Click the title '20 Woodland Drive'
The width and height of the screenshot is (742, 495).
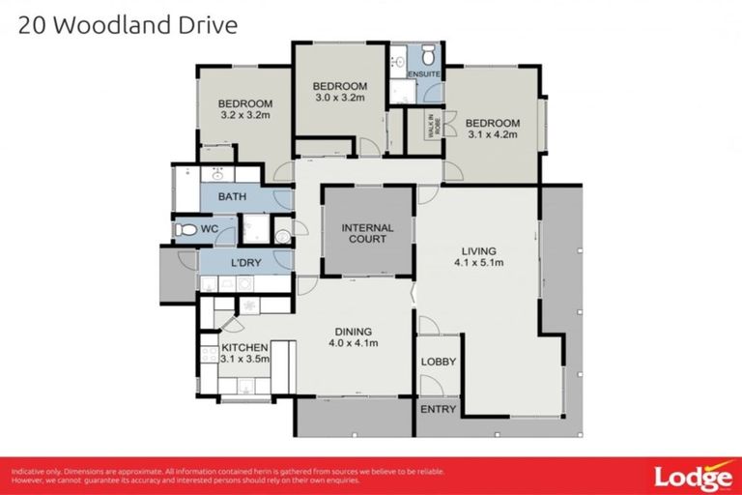[127, 24]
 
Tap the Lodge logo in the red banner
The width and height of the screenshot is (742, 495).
[693, 477]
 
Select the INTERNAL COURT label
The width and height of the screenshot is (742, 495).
[368, 234]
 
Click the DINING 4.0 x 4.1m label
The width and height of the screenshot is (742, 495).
[353, 335]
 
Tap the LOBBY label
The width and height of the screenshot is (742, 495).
[438, 362]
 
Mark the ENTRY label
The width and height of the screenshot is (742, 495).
[438, 410]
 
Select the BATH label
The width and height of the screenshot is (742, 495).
[232, 197]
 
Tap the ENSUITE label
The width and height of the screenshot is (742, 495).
[423, 73]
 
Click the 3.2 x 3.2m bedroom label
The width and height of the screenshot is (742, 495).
[244, 109]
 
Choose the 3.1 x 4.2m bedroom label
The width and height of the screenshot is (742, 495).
[492, 129]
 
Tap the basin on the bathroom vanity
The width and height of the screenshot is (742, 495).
[217, 175]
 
